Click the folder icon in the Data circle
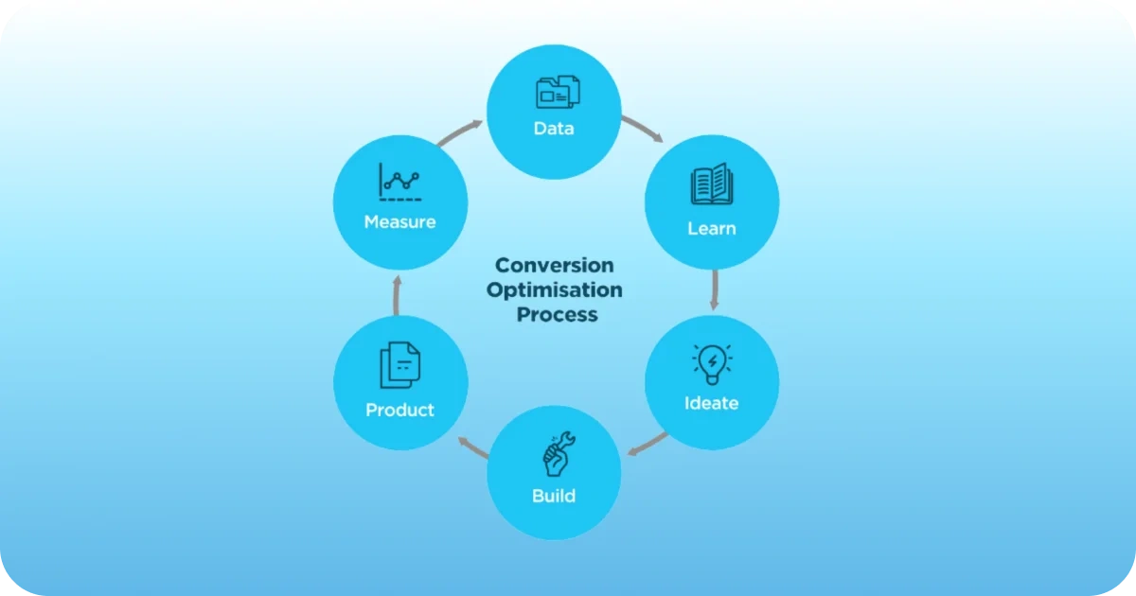(558, 92)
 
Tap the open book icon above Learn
(711, 184)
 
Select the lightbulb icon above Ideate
(712, 362)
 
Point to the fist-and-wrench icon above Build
(555, 454)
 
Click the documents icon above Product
(399, 365)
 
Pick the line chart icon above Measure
(399, 183)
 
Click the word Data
(554, 128)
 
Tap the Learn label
(712, 228)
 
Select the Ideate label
(712, 403)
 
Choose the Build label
(554, 496)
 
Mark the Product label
(399, 410)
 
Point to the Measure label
(399, 222)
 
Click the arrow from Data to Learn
(642, 129)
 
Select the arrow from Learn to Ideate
(714, 290)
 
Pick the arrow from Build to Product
(470, 447)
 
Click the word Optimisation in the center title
(555, 289)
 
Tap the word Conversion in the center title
(555, 265)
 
